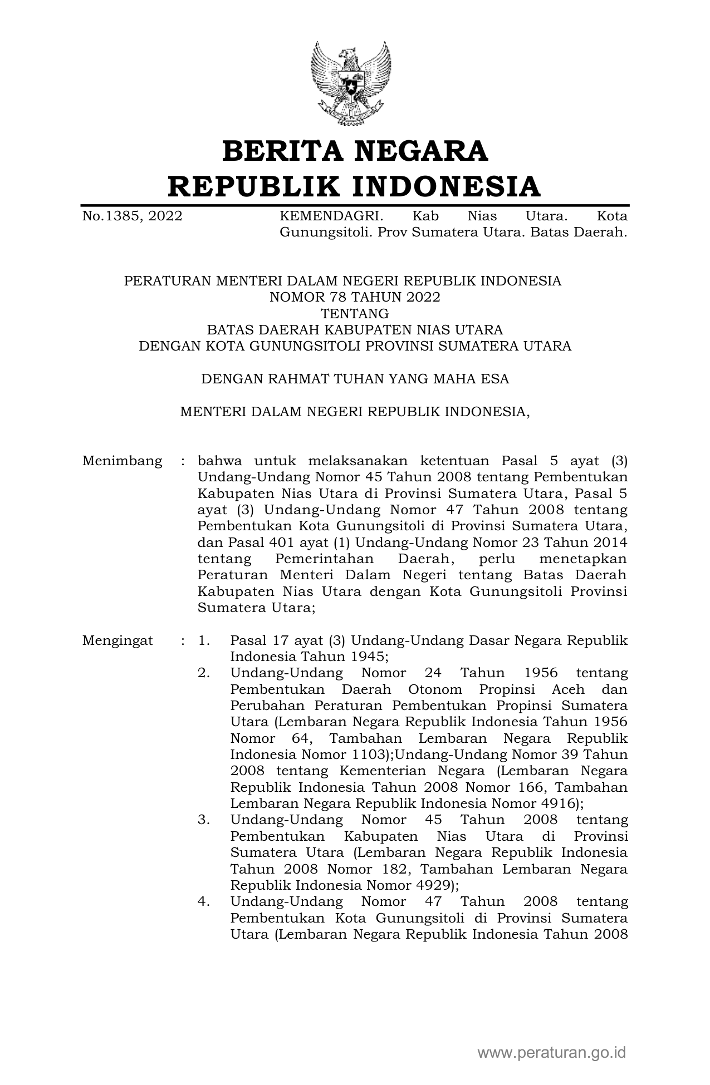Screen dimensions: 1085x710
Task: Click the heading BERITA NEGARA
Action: pyautogui.click(x=355, y=151)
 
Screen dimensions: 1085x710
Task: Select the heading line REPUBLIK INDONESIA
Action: pyautogui.click(x=355, y=186)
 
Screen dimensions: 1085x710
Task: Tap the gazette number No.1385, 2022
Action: pyautogui.click(x=132, y=216)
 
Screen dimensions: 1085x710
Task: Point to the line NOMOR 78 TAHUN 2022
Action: pyautogui.click(x=355, y=297)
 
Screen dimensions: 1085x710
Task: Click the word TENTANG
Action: pyautogui.click(x=355, y=313)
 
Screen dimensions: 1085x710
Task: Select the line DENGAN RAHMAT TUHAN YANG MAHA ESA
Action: pyautogui.click(x=355, y=379)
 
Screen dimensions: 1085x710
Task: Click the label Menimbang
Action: pyautogui.click(x=123, y=461)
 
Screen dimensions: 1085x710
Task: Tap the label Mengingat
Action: pyautogui.click(x=117, y=640)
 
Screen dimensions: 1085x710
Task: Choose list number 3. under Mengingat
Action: pyautogui.click(x=204, y=820)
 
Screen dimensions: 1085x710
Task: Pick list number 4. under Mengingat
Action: pyautogui.click(x=204, y=901)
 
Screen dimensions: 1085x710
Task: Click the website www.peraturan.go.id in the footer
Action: pyautogui.click(x=552, y=1053)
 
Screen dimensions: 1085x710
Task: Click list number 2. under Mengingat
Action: pyautogui.click(x=204, y=673)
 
